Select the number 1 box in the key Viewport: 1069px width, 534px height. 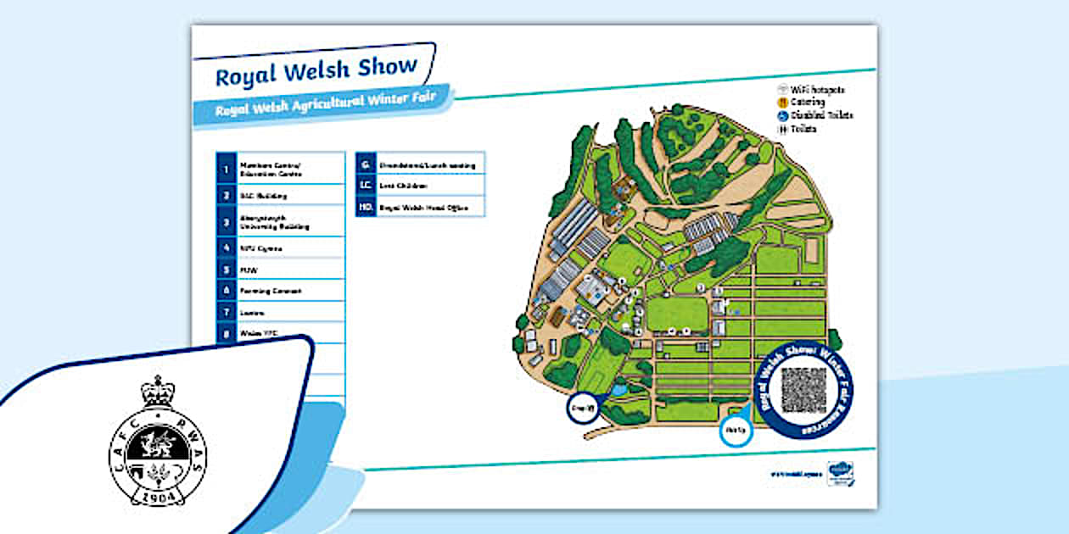[x=226, y=169]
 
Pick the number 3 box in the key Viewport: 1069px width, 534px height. [x=226, y=223]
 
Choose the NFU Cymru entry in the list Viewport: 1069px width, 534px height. [x=261, y=248]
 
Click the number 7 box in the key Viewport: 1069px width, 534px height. [x=226, y=312]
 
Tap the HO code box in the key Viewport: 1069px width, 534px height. [x=366, y=207]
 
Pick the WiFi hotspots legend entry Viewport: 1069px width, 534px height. [x=812, y=89]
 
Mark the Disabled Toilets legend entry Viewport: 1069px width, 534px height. [x=815, y=114]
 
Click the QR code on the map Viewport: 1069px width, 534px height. [x=803, y=389]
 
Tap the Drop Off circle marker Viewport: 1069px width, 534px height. [x=583, y=408]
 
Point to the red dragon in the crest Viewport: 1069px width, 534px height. [x=158, y=442]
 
